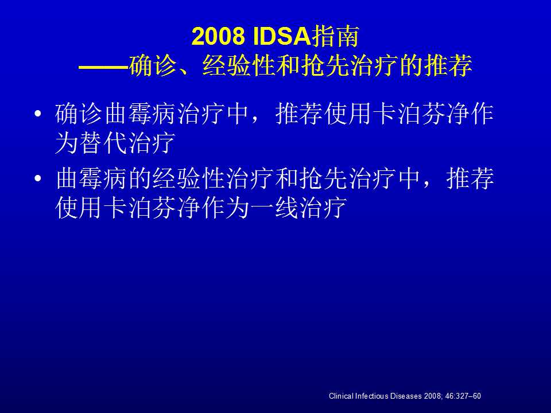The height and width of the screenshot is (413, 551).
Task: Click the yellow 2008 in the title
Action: point(218,36)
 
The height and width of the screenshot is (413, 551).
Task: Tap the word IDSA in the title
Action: point(282,36)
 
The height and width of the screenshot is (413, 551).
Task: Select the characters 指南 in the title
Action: point(335,36)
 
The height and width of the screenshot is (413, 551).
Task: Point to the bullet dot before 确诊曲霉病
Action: point(38,114)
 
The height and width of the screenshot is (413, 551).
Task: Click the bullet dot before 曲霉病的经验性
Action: point(38,178)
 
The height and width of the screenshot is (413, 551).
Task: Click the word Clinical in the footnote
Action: point(341,396)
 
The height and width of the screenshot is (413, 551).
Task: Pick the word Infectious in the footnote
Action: point(372,396)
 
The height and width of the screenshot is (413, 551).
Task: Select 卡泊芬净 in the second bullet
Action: point(152,208)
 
